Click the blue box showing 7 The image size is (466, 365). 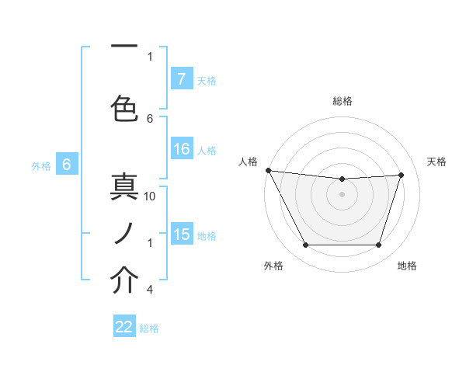(x=181, y=79)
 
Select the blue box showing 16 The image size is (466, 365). (x=182, y=149)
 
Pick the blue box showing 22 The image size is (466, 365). (x=124, y=327)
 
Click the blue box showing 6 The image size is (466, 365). (x=67, y=165)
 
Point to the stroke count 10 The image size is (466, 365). (x=151, y=196)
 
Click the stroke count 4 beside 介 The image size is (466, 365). (x=150, y=290)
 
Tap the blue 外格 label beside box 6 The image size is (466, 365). (x=41, y=165)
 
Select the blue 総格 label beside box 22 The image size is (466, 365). (x=149, y=328)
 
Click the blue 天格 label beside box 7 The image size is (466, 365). (x=207, y=80)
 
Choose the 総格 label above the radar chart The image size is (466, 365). (x=342, y=101)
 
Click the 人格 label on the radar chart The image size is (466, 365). (x=249, y=162)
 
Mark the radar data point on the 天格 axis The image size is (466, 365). (x=401, y=175)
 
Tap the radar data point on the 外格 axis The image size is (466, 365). (x=305, y=245)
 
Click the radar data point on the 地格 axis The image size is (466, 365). (x=378, y=245)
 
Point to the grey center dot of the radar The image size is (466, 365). (x=342, y=194)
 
